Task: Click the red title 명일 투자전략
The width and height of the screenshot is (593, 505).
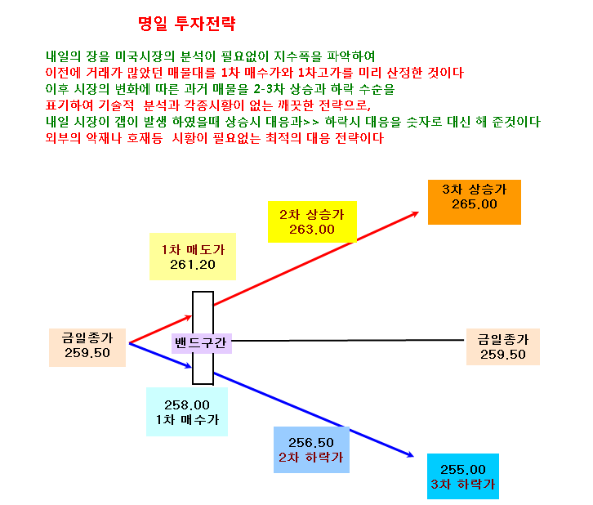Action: tap(187, 24)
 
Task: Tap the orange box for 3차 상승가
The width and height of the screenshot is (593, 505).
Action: tap(475, 202)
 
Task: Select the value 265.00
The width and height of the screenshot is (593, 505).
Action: tap(475, 204)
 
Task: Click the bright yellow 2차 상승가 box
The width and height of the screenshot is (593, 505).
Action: tap(312, 221)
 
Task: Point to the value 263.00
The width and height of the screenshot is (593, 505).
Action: tap(312, 230)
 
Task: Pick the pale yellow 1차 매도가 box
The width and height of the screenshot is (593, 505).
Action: tap(193, 257)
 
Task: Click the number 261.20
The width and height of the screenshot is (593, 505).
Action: tap(193, 265)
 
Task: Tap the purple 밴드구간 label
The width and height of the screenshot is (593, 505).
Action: tap(201, 343)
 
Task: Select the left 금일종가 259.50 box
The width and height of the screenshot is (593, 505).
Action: tap(87, 347)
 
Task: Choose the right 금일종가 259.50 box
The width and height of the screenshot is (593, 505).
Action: tap(503, 346)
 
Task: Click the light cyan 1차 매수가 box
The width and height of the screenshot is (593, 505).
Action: tap(187, 412)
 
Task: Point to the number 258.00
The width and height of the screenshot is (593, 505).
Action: tap(187, 405)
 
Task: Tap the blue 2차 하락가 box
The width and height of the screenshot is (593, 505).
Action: tap(312, 449)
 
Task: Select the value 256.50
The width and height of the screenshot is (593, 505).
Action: tap(311, 443)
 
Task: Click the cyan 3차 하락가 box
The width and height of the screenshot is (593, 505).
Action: tap(463, 476)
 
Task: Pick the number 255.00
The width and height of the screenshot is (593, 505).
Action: tap(463, 470)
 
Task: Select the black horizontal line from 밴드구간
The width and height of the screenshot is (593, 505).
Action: tap(348, 341)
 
